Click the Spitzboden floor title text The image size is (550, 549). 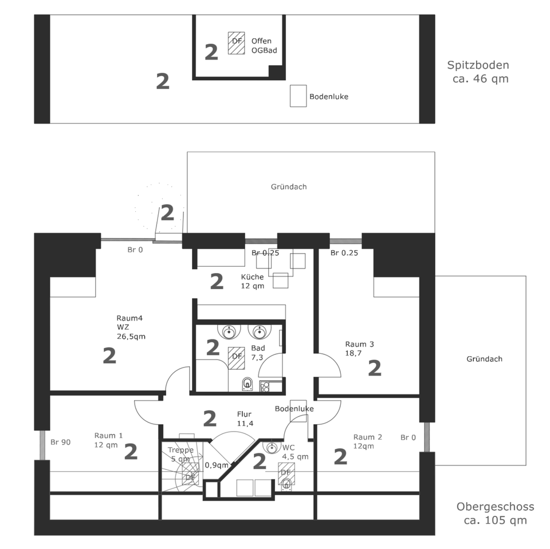[x=478, y=65]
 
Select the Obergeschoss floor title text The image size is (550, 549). [x=495, y=507]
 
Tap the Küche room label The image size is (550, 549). [x=253, y=277]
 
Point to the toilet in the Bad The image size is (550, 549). [x=247, y=384]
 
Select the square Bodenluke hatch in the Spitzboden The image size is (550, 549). [x=298, y=96]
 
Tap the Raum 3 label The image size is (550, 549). [x=359, y=344]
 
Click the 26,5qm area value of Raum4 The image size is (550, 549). [x=131, y=337]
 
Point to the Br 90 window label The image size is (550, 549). [x=60, y=442]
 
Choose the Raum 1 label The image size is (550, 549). [x=108, y=435]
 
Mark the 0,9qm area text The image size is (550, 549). [x=216, y=465]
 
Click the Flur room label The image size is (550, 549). [x=245, y=414]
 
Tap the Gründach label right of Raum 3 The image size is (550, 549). [x=484, y=359]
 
